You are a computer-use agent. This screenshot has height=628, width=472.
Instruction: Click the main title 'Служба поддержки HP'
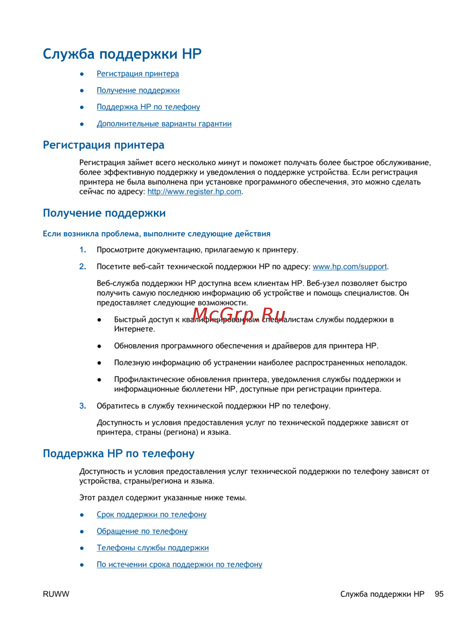point(122,54)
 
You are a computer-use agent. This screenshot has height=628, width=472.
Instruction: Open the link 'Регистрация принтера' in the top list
point(137,74)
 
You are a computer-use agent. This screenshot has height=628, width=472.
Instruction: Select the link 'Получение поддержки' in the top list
point(138,90)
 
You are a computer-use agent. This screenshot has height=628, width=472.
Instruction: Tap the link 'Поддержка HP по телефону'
point(148,107)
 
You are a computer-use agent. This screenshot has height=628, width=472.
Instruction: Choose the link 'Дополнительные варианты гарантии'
point(164,124)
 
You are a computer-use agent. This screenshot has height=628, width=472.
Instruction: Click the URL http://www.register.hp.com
point(194,192)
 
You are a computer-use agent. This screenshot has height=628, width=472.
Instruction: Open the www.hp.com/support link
point(349,267)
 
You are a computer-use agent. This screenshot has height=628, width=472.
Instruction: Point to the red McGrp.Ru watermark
point(239,314)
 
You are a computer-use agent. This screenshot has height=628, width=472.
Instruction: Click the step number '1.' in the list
point(83,250)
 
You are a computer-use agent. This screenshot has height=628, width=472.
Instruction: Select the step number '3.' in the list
point(83,406)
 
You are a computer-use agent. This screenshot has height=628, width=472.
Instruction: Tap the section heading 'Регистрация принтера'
point(103,145)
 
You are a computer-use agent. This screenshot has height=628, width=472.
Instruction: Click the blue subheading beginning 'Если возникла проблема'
point(156,234)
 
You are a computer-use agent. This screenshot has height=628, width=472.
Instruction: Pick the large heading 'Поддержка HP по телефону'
point(118,453)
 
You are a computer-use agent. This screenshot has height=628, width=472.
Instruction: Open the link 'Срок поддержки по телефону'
point(152,514)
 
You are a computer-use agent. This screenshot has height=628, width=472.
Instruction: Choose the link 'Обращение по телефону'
point(142,531)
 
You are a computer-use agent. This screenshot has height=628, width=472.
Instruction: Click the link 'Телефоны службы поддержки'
point(152,548)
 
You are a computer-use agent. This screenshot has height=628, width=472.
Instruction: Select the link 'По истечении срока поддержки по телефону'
point(179,564)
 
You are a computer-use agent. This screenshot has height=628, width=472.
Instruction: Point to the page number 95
point(439,594)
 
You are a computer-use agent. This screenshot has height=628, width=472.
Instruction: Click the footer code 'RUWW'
point(56,594)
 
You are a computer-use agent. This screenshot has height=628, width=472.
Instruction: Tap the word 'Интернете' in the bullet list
point(134,329)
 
